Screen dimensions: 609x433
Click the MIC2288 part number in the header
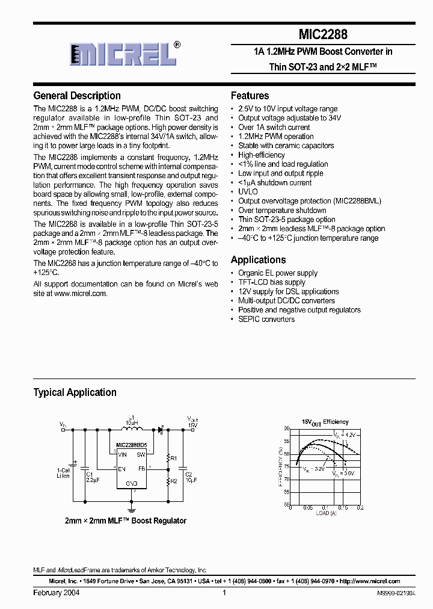tap(323, 35)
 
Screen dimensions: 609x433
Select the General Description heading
tap(77, 96)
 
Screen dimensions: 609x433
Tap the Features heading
tap(250, 96)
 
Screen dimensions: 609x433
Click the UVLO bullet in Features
tap(248, 192)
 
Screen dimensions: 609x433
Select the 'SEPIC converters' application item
tap(266, 320)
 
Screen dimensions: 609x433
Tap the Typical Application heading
tap(75, 392)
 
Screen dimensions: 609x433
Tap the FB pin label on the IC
tap(141, 468)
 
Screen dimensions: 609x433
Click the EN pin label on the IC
tap(122, 468)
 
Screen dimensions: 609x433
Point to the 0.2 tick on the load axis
tap(360, 509)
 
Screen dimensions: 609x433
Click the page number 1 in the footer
tap(224, 593)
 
